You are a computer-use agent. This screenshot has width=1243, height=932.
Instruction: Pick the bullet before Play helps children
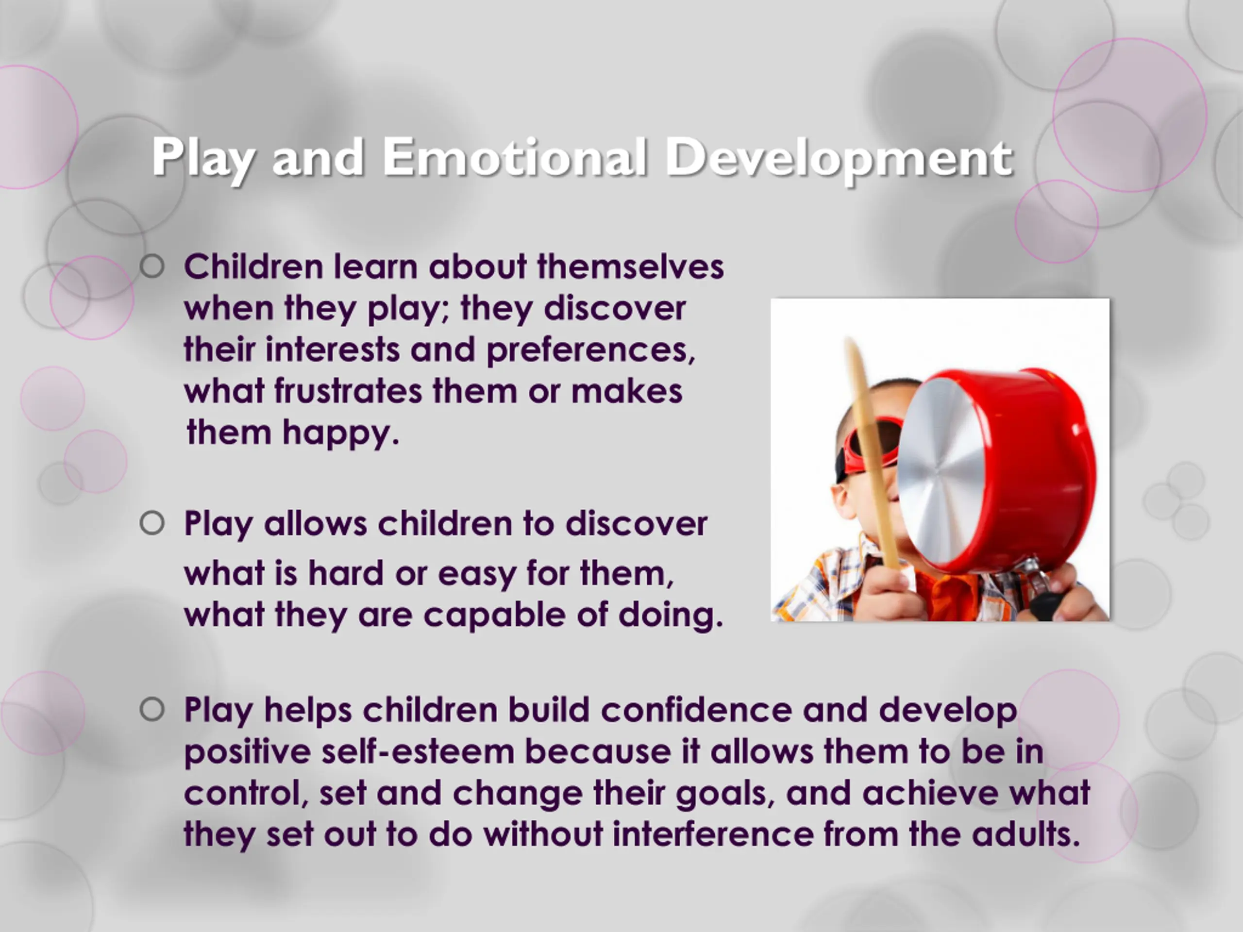click(x=152, y=710)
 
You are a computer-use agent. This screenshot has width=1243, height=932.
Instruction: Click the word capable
click(x=494, y=615)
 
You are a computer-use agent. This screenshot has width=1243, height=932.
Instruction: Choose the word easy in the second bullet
click(x=476, y=574)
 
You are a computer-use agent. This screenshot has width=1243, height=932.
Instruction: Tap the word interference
click(x=712, y=834)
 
